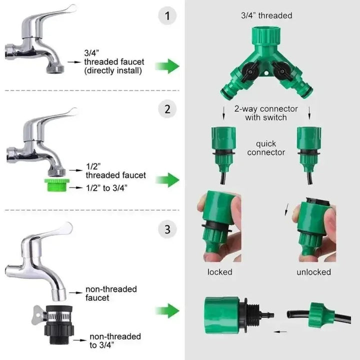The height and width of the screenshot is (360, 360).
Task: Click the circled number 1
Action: (x=168, y=16)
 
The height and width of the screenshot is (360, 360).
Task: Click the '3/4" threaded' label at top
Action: (x=266, y=16)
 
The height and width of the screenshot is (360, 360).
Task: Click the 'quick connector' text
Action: (x=265, y=148)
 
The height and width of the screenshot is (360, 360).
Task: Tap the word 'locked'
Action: (x=220, y=272)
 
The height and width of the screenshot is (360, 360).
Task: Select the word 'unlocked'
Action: (x=313, y=272)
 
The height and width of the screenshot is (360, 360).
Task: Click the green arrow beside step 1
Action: (x=167, y=65)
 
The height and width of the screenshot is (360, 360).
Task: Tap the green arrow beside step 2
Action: (x=167, y=179)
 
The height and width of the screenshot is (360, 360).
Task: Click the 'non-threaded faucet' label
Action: (x=111, y=293)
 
